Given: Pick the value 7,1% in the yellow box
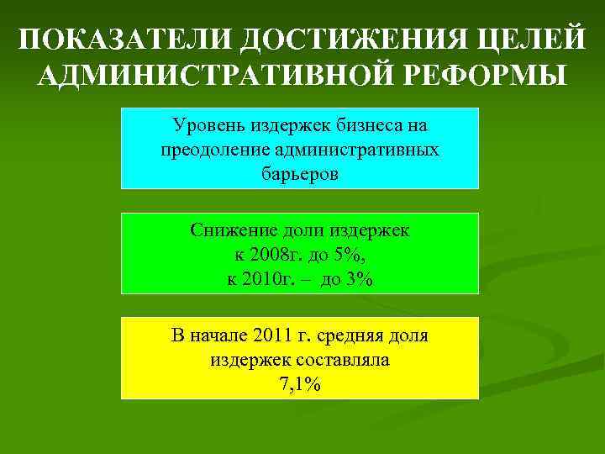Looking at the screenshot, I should pyautogui.click(x=300, y=384).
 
